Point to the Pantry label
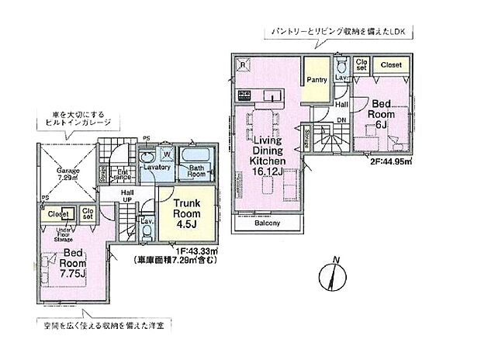click(x=316, y=78)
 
